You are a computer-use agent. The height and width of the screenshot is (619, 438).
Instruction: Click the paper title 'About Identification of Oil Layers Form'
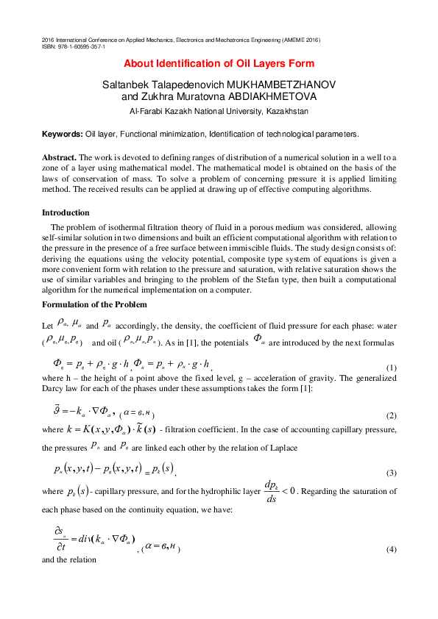point(219,64)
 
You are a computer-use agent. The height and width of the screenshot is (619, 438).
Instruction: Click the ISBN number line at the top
point(74,46)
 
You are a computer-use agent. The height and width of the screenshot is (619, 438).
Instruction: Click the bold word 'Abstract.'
point(60,157)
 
